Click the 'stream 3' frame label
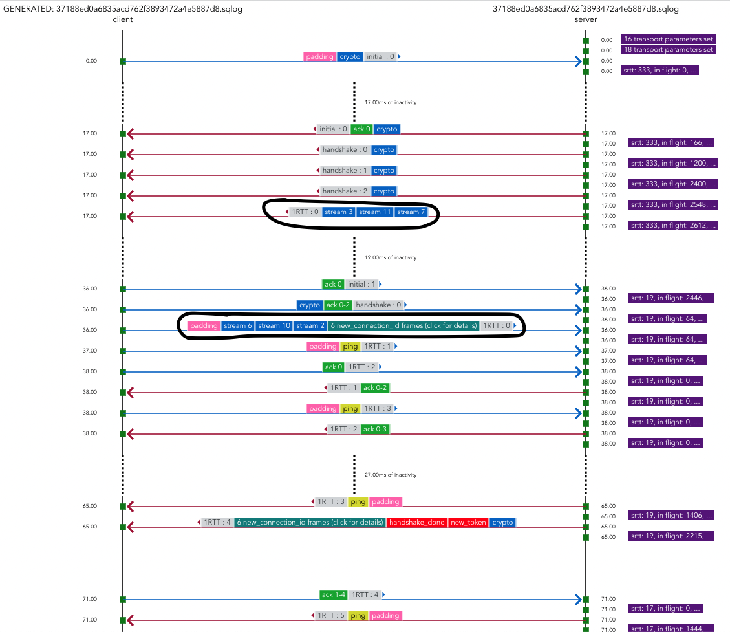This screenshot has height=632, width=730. (x=339, y=212)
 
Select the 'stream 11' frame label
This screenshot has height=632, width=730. (x=374, y=212)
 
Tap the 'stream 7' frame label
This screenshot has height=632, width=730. (x=411, y=212)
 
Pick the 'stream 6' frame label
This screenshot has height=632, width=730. (x=238, y=326)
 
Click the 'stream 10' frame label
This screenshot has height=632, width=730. (x=274, y=326)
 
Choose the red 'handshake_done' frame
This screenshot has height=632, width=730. (x=416, y=523)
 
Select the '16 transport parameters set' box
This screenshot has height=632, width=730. (x=669, y=39)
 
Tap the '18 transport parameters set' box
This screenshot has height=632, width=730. (x=669, y=50)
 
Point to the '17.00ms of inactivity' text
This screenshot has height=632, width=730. (x=391, y=102)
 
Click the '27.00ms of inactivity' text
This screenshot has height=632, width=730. (x=391, y=475)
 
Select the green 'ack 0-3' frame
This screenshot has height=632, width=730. (x=375, y=430)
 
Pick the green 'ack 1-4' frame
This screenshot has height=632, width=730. (x=334, y=595)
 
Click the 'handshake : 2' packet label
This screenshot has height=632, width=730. (x=345, y=191)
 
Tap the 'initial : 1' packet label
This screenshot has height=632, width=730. (x=361, y=285)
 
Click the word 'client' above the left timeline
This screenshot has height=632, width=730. (x=122, y=19)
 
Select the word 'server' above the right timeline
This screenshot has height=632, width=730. (x=585, y=19)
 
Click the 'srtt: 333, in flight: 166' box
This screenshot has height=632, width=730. (x=672, y=143)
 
